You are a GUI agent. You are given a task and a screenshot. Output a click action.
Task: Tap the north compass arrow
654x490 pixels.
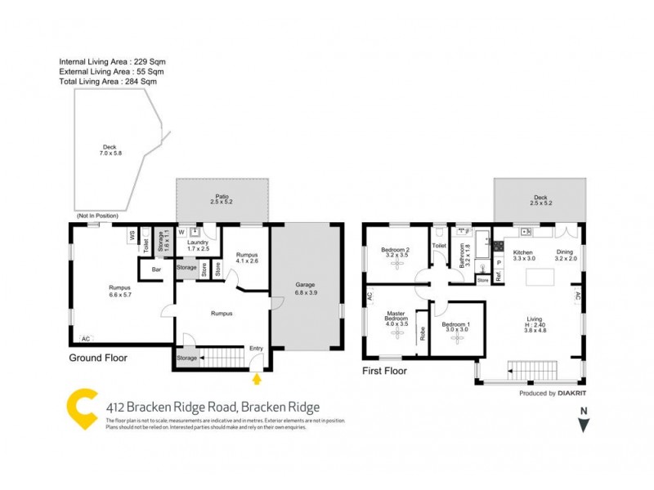coord(583,424)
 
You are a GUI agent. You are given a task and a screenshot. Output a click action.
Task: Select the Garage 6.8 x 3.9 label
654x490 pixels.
coord(305,288)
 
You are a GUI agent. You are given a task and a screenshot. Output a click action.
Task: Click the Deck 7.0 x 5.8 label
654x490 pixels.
coord(110,151)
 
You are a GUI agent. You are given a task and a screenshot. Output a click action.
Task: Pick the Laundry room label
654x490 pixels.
coord(199,246)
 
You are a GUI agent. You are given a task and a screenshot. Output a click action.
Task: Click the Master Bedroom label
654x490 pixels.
coord(396,317)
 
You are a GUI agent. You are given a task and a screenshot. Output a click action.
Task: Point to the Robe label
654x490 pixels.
coord(422,332)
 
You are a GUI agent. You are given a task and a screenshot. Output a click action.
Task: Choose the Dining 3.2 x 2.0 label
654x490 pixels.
coord(566,256)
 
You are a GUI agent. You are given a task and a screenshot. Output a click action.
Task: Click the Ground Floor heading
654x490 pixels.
coord(98,357)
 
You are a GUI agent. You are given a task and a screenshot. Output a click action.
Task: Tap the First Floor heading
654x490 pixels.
coord(384,370)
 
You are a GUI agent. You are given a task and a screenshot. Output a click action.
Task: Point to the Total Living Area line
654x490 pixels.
coord(108,81)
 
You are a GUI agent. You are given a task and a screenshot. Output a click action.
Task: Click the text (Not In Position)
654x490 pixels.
coord(97,216)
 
